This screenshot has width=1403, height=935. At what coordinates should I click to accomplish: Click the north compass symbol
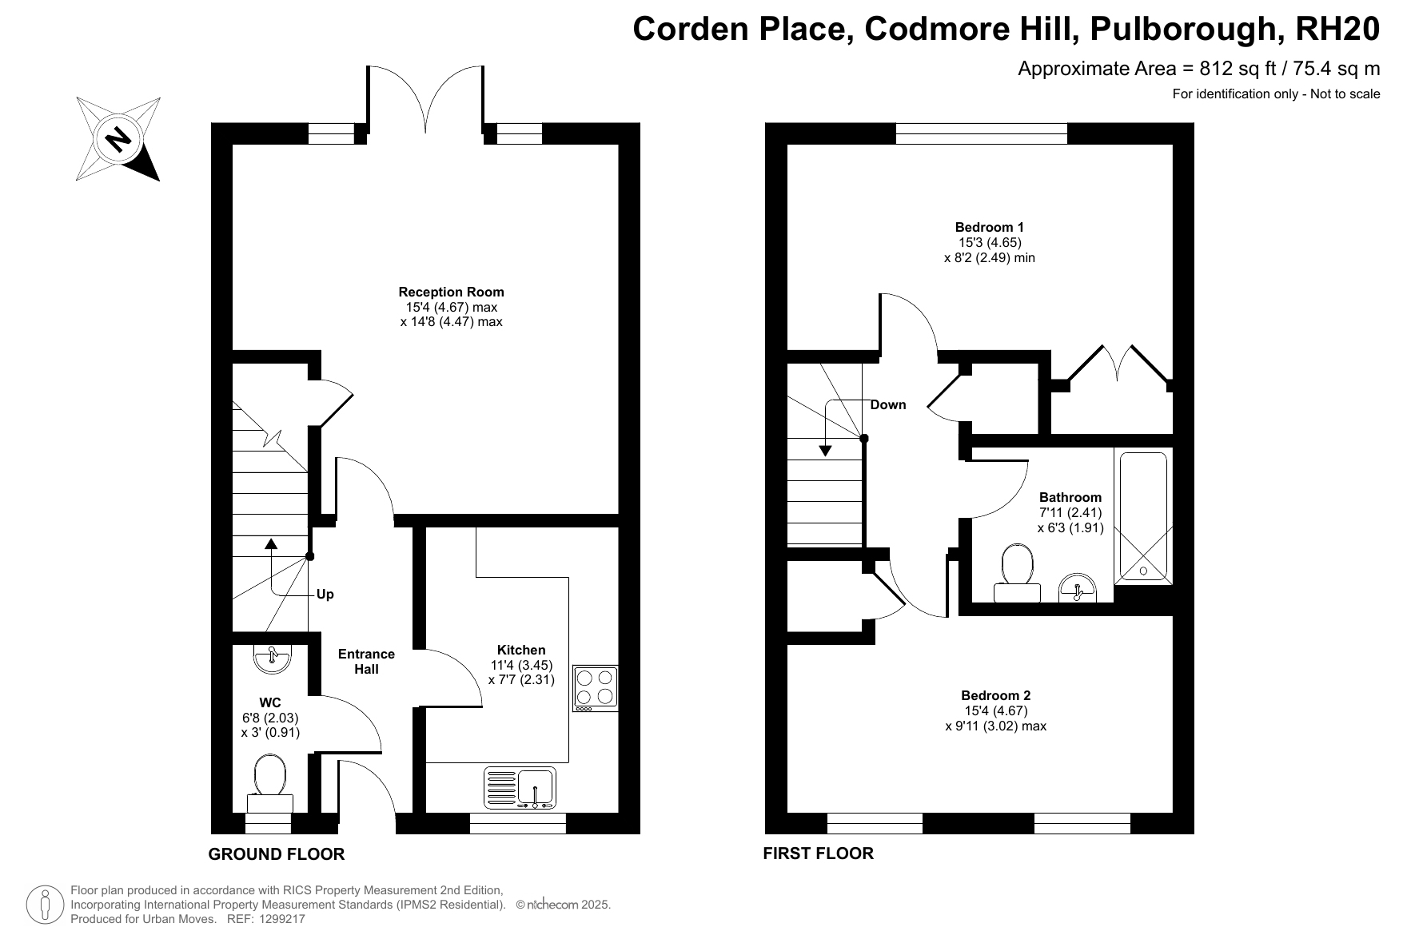point(118,139)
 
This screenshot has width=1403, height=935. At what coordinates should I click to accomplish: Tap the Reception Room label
point(452,292)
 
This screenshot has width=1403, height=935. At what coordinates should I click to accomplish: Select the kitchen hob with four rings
point(596,689)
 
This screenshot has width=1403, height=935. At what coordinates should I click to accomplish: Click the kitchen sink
point(520,788)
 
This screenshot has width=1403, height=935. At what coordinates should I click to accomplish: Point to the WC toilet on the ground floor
point(270,784)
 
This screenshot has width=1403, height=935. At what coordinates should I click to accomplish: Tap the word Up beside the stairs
point(325,595)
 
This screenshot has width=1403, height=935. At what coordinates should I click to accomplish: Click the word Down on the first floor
point(888,404)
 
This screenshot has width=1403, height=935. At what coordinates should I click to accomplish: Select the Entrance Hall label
point(367,662)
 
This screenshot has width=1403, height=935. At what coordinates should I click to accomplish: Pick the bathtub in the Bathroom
point(1143,517)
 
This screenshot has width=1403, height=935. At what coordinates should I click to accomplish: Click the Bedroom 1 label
point(990,227)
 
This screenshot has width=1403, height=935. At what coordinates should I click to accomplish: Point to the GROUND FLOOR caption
point(277,854)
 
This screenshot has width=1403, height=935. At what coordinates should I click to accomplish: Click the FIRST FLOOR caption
point(819,853)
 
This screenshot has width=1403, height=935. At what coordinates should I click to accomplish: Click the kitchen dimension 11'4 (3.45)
point(521,665)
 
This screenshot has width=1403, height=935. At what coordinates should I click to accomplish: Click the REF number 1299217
point(279,920)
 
